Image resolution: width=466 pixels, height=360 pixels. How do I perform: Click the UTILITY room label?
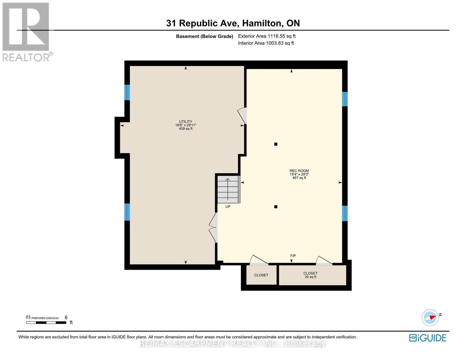[186, 122]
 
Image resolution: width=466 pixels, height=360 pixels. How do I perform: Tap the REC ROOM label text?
[299, 171]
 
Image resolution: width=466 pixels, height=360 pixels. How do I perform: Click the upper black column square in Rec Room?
[276, 144]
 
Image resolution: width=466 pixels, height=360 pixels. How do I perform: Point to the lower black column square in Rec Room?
[276, 207]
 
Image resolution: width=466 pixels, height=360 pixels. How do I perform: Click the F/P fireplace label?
[293, 256]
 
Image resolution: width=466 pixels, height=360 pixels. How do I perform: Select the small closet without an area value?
[261, 275]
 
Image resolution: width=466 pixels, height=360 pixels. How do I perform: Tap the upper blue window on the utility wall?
[127, 92]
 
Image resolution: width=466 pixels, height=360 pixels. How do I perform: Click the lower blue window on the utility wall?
[127, 212]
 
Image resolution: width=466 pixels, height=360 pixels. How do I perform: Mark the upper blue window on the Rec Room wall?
[345, 99]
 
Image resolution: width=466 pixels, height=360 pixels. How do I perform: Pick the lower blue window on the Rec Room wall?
[345, 213]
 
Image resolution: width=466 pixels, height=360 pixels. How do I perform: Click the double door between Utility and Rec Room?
[213, 228]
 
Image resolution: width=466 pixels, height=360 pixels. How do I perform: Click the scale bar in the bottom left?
[46, 322]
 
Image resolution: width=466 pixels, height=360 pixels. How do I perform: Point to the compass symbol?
[430, 317]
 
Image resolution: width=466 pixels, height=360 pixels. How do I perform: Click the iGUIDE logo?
[428, 338]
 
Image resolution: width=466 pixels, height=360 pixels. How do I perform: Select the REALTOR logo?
[26, 31]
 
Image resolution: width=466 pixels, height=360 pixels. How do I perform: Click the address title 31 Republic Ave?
[233, 23]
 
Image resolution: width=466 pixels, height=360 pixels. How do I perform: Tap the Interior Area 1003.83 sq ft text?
[266, 43]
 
